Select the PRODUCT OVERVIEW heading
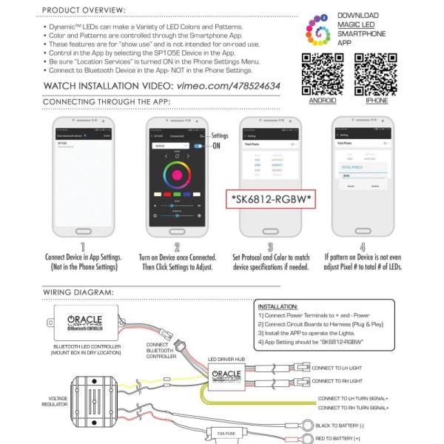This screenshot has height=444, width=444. point(84,10)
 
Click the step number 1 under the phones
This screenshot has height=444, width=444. point(83,247)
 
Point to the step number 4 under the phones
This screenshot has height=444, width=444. point(362,247)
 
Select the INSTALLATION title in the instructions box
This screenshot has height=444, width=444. point(278,306)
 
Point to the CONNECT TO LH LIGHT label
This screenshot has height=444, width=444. point(348,367)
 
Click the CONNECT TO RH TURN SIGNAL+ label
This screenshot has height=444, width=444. point(353,408)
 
